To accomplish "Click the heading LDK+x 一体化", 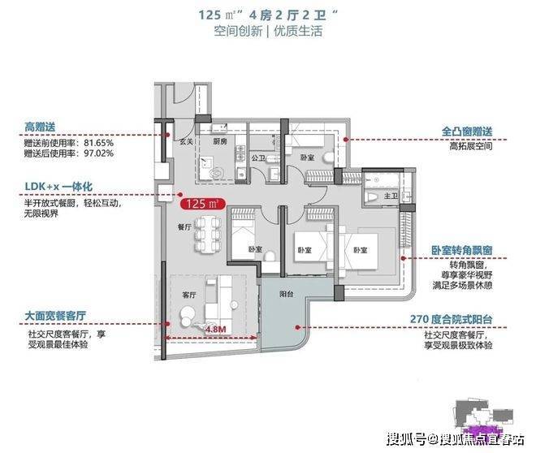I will click(59, 187).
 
